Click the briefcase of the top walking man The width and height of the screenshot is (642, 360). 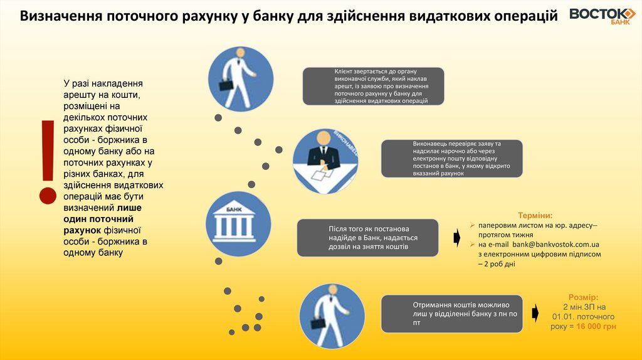[x=227, y=83]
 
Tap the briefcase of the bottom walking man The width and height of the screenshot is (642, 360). [x=317, y=322]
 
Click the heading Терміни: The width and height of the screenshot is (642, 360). [x=535, y=214]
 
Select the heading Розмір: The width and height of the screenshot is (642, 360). [x=583, y=297]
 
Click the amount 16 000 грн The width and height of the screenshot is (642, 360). [x=596, y=327]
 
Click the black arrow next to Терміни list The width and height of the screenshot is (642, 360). [x=457, y=238]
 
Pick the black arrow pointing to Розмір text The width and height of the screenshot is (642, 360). [x=535, y=312]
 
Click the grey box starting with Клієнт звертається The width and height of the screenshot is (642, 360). [x=373, y=86]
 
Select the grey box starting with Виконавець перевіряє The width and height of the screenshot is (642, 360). [x=451, y=158]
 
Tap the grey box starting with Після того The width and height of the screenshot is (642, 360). [x=367, y=238]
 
